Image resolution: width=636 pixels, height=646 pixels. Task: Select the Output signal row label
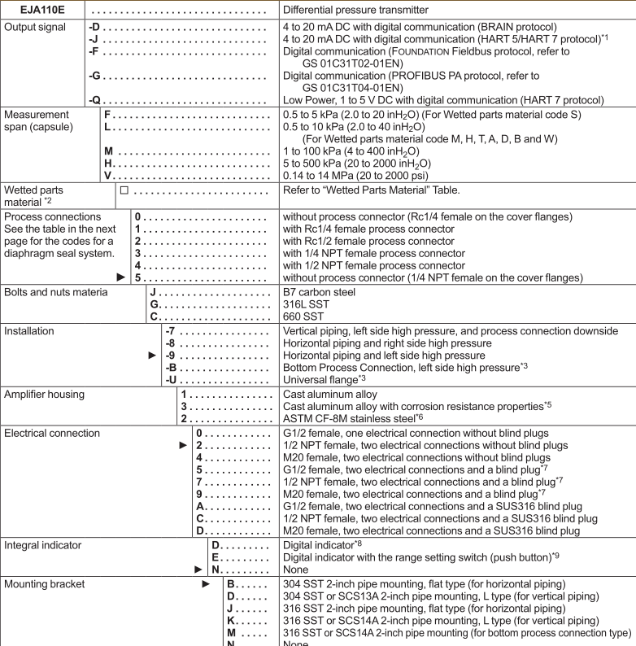pos(37,26)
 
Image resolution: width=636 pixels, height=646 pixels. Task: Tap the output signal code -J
pos(94,39)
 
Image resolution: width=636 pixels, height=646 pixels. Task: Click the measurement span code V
pos(107,175)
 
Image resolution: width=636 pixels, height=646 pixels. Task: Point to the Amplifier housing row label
pos(44,394)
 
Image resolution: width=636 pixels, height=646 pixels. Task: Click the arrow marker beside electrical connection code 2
pos(184,446)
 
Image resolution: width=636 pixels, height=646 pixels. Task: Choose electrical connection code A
pos(200,506)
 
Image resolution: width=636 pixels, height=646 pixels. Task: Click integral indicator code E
pos(216,559)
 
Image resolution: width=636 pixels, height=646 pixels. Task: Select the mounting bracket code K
pos(231,622)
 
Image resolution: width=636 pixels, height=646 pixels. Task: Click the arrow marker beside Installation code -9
pos(152,356)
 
